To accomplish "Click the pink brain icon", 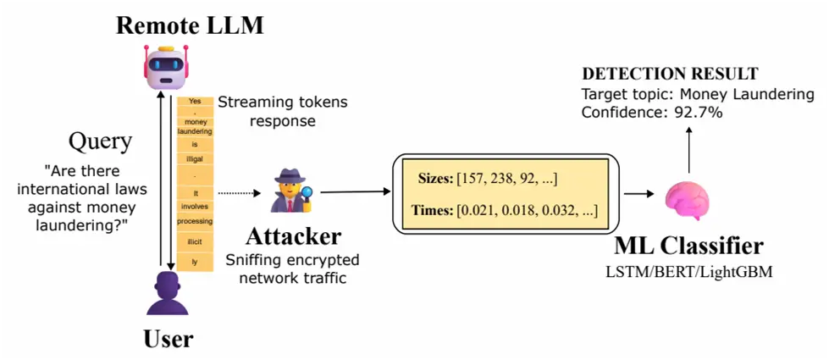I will coord(687,201).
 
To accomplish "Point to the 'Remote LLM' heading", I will coord(190,25).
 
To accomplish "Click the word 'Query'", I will coord(100,140).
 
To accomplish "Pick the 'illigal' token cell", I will coord(195,159).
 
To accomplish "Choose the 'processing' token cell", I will coord(195,221).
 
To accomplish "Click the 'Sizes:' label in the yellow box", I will coord(436,179).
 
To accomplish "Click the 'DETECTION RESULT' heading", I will coord(669,74).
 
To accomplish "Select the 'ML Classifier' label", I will coord(688,246).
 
